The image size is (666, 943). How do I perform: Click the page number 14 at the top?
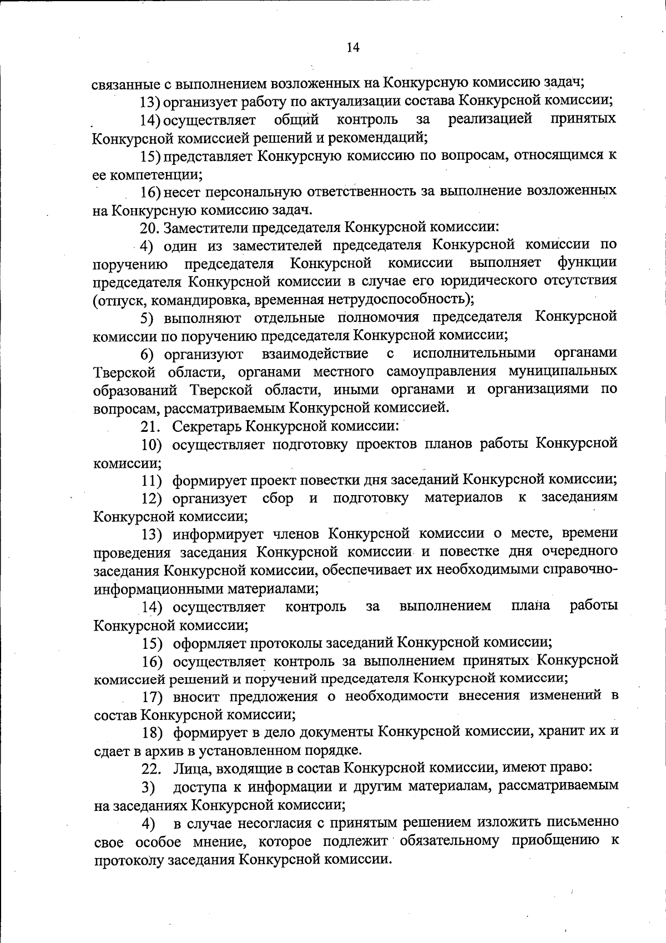point(353,48)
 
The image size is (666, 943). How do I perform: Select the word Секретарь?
point(206,426)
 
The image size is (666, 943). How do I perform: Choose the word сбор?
point(277,498)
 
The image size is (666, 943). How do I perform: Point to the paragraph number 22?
point(151,769)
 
